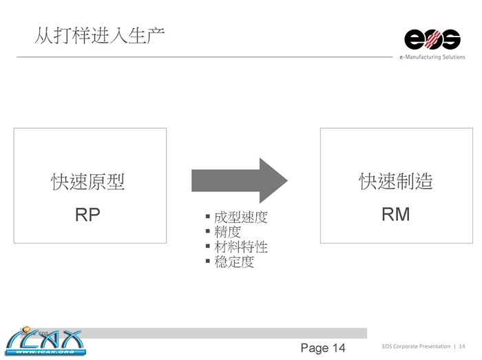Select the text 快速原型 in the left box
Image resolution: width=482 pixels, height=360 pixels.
(x=88, y=182)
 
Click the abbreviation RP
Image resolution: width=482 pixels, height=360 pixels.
(x=87, y=215)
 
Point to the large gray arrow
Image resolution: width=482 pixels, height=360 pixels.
(x=238, y=180)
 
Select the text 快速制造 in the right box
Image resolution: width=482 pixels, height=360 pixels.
(x=396, y=182)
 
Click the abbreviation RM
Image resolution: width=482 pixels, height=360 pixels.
(x=395, y=215)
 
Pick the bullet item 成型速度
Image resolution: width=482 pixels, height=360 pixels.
(x=240, y=218)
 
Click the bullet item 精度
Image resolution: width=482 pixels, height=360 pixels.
(x=227, y=233)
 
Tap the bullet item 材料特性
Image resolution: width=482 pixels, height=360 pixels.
(x=240, y=247)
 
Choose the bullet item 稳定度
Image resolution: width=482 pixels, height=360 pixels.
(x=234, y=262)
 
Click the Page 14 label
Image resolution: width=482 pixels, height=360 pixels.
(x=323, y=348)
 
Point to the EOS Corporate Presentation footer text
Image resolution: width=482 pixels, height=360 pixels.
(x=416, y=346)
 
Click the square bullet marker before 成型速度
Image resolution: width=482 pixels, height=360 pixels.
(x=208, y=217)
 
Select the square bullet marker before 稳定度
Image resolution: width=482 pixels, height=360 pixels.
(x=208, y=262)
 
